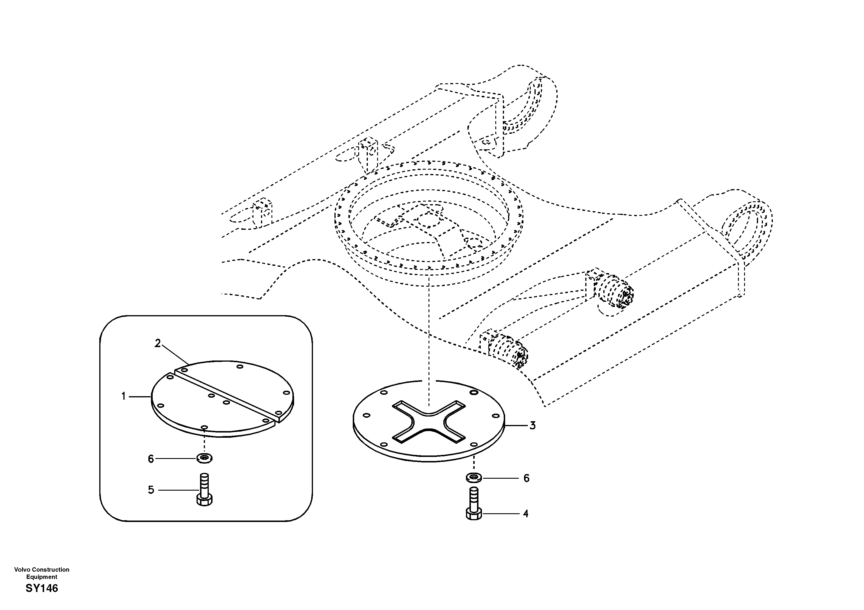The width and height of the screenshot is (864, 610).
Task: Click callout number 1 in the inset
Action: (123, 397)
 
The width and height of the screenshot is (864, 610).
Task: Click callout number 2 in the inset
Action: (158, 343)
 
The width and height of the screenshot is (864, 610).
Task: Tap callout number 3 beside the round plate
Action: (532, 426)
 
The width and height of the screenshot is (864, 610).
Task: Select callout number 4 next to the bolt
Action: (526, 514)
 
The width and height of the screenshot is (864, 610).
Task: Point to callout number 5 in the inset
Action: (151, 490)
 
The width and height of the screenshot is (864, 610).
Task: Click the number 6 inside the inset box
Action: (151, 459)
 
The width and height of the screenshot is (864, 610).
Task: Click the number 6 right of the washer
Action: (526, 478)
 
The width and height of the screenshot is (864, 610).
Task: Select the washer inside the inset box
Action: (204, 458)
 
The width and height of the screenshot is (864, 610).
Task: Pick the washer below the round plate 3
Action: (474, 478)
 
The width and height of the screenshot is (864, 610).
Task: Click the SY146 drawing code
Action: (42, 588)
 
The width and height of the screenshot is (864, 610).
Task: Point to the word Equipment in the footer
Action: (42, 577)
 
